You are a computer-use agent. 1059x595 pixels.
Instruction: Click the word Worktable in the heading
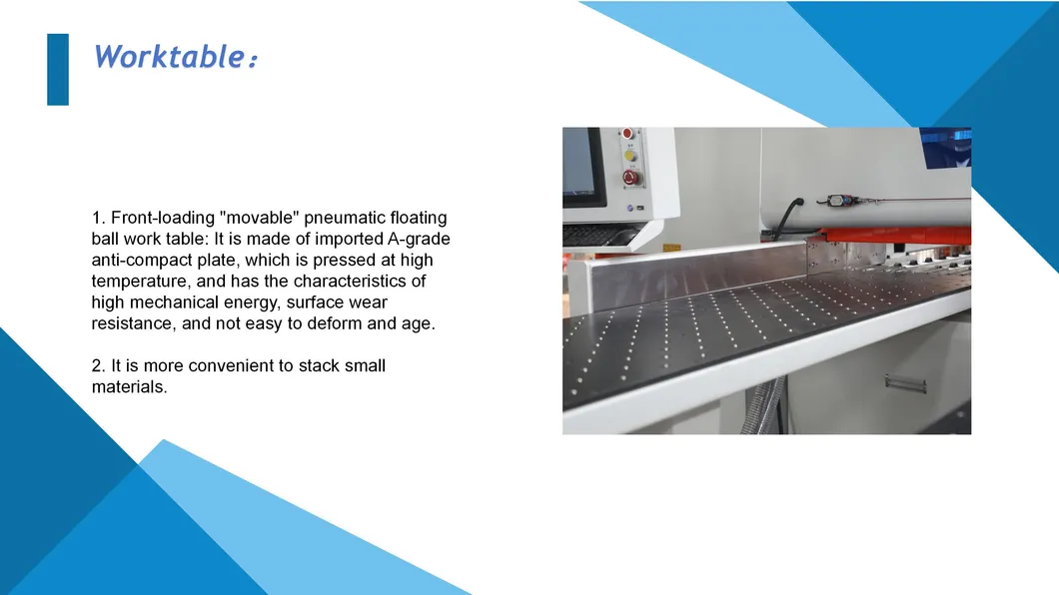(168, 56)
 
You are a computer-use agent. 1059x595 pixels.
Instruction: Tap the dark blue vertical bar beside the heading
(58, 70)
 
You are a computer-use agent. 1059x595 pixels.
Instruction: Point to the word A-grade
(419, 240)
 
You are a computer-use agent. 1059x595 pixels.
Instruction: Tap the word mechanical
(177, 302)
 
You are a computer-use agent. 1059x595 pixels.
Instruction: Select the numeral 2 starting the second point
(97, 366)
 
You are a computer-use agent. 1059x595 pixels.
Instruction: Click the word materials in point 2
(127, 387)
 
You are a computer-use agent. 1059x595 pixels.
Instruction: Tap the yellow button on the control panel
(629, 156)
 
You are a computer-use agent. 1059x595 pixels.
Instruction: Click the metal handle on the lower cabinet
(905, 382)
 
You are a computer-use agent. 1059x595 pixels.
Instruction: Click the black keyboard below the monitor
(597, 237)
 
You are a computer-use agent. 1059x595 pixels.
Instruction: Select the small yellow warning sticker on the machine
(671, 247)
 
